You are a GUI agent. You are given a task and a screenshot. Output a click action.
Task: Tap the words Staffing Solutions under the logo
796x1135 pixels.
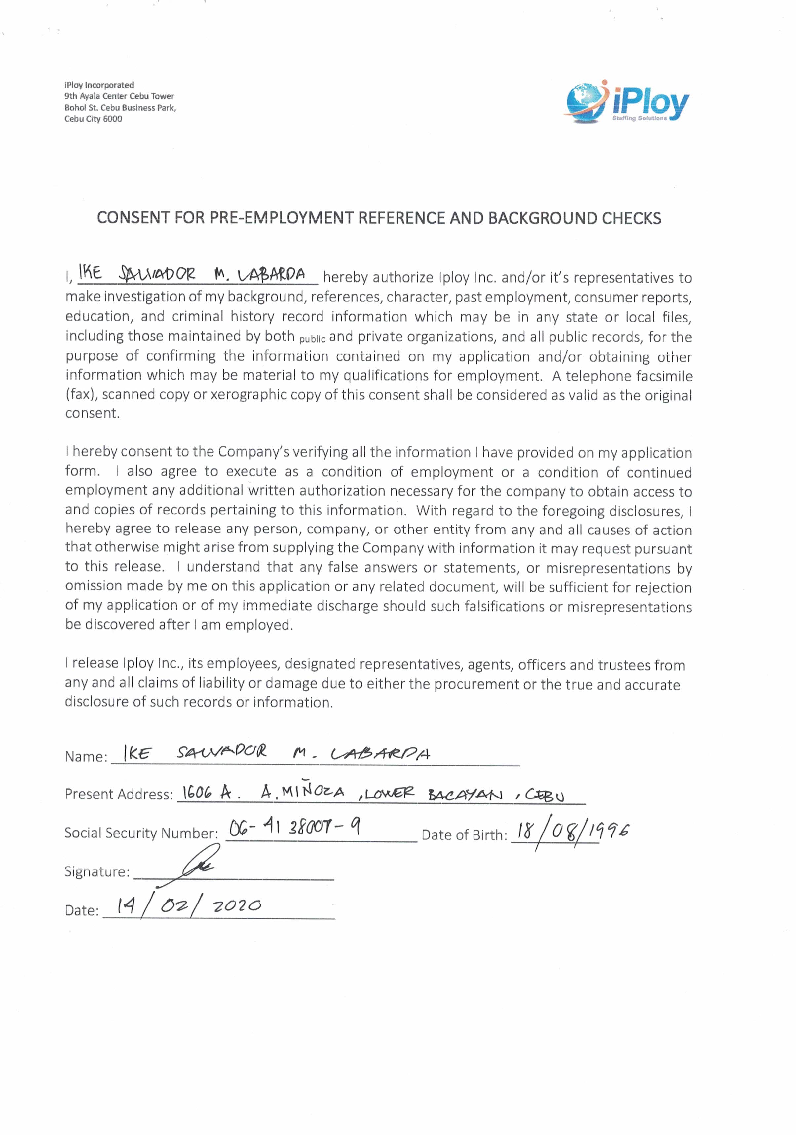pyautogui.click(x=639, y=118)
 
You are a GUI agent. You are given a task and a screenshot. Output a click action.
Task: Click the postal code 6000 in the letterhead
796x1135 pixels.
pyautogui.click(x=112, y=119)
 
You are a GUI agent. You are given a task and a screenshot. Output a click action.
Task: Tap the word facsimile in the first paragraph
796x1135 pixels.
pyautogui.click(x=664, y=376)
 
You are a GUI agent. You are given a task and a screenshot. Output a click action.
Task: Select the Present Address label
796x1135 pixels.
pyautogui.click(x=119, y=795)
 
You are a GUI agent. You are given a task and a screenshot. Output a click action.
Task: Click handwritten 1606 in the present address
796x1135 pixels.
pyautogui.click(x=197, y=793)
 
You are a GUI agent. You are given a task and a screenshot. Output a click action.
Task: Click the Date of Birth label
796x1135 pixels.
pyautogui.click(x=464, y=835)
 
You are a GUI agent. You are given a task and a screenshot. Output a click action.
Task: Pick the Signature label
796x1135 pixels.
pyautogui.click(x=97, y=871)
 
